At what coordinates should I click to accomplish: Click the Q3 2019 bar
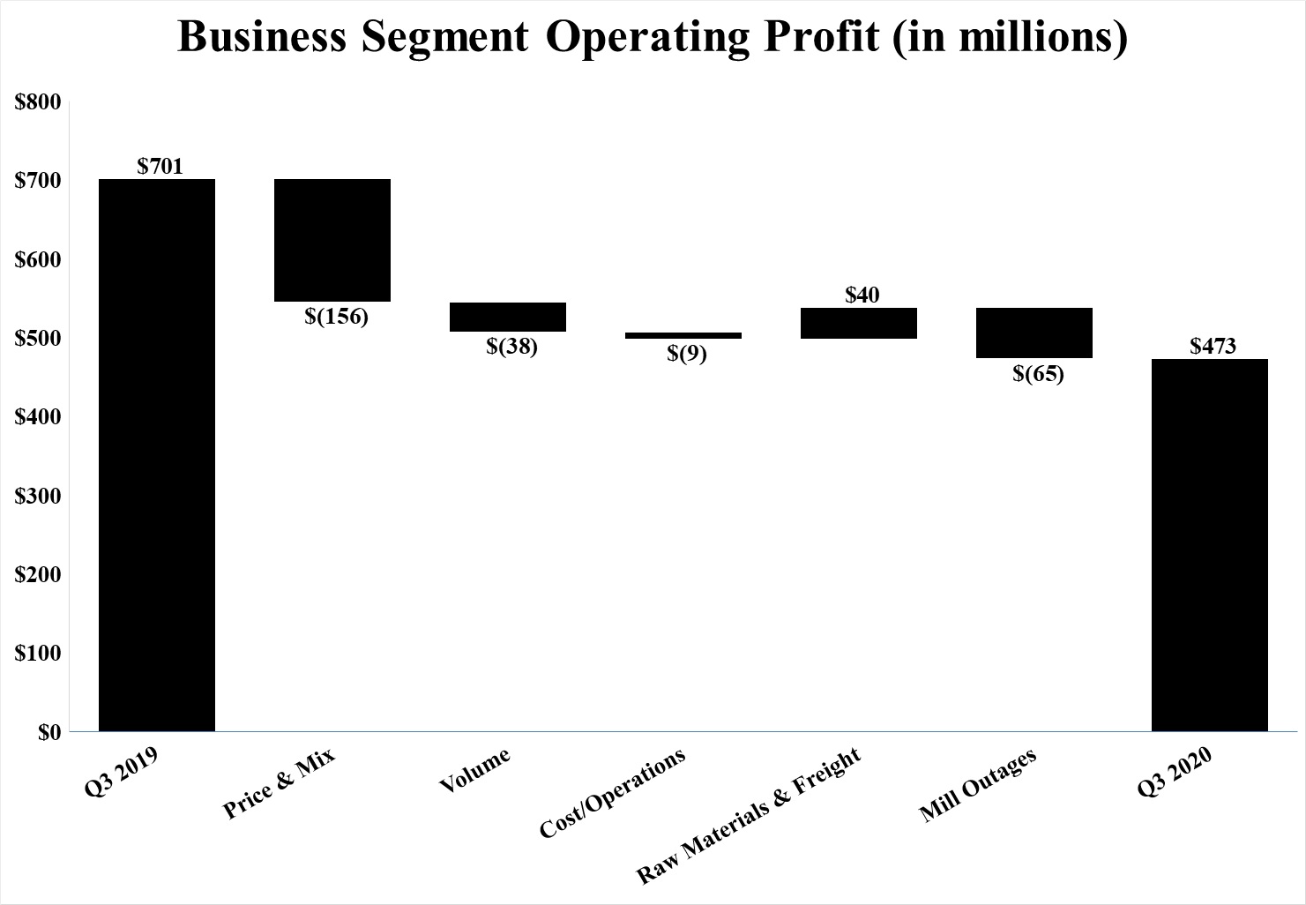[157, 455]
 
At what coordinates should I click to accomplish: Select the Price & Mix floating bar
[332, 240]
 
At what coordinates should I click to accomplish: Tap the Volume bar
[508, 317]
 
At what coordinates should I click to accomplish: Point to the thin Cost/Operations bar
[683, 336]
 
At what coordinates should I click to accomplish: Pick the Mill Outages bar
[1034, 333]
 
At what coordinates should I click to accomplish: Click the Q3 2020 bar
[1210, 545]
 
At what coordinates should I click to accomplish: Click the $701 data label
[160, 166]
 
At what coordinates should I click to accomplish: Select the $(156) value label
[336, 316]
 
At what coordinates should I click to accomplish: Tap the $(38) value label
[511, 346]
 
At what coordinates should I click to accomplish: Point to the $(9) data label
[686, 354]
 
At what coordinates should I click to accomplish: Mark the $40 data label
[862, 295]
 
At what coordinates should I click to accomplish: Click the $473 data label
[1213, 346]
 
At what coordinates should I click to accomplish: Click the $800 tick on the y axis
[38, 102]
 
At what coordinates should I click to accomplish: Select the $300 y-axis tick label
[38, 496]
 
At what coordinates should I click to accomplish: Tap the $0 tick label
[49, 732]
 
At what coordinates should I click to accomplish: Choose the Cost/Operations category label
[611, 794]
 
